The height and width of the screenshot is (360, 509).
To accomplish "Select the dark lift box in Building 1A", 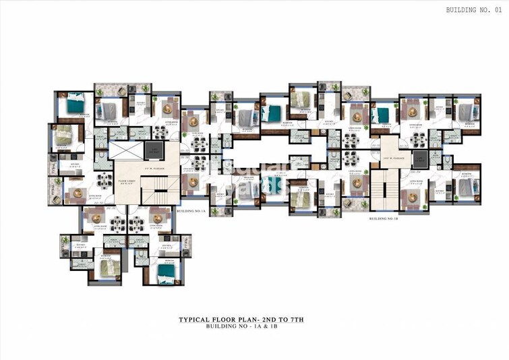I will pos(156,151).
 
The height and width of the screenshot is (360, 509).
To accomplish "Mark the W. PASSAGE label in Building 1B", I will pos(393,159).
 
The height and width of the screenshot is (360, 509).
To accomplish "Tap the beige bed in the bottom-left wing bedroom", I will pos(108,267).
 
